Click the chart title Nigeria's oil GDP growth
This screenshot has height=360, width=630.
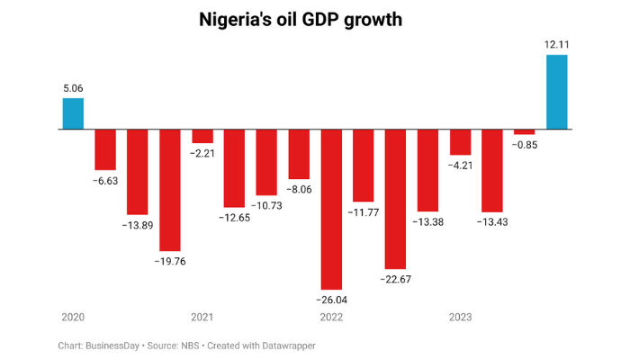[x=315, y=20]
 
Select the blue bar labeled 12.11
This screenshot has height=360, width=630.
[x=556, y=92]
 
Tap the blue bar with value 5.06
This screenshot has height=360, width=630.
[x=73, y=113]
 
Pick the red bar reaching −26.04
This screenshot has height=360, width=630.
[x=331, y=209]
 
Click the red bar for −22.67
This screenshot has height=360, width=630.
[x=396, y=198]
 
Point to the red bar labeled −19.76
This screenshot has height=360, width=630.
[x=170, y=189]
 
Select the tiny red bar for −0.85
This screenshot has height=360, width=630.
[x=525, y=132]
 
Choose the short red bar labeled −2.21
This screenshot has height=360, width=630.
[x=202, y=136]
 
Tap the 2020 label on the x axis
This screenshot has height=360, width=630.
[x=73, y=317]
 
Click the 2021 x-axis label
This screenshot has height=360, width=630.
[x=202, y=317]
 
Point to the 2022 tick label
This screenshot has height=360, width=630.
[x=331, y=317]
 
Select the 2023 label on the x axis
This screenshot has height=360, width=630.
[x=461, y=317]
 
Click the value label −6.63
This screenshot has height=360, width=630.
[x=105, y=181]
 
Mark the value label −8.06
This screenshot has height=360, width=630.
[x=299, y=190]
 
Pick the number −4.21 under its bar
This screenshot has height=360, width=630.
[x=461, y=166]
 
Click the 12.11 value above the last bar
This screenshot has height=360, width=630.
[x=556, y=44]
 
